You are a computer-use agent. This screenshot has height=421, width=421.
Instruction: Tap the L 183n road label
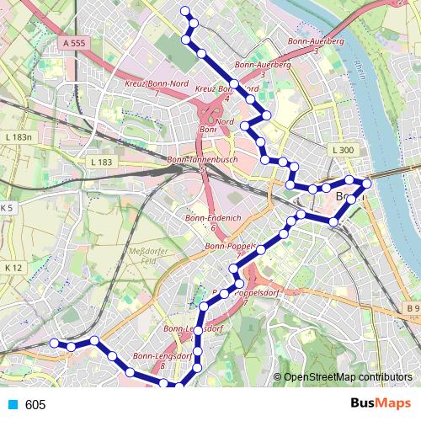tap(17, 137)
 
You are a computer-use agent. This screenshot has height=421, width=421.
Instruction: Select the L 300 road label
tap(343, 150)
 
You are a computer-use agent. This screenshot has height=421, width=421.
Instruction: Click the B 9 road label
tap(412, 309)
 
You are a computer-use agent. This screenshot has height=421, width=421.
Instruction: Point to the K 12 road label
tap(13, 267)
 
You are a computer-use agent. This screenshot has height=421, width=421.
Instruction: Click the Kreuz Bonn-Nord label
tap(157, 84)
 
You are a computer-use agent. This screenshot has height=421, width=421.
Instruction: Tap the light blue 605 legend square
tap(12, 405)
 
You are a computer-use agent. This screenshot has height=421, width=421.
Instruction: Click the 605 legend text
tap(35, 405)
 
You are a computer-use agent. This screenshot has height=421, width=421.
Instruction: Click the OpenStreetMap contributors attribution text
tap(348, 377)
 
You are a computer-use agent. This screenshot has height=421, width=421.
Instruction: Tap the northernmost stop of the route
tap(185, 11)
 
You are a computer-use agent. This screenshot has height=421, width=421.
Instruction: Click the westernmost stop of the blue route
tap(54, 343)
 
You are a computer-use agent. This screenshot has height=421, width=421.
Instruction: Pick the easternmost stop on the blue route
tap(366, 183)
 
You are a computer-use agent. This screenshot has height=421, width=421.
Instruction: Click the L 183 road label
tap(100, 161)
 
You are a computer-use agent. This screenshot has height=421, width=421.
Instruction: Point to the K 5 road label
tap(8, 207)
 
